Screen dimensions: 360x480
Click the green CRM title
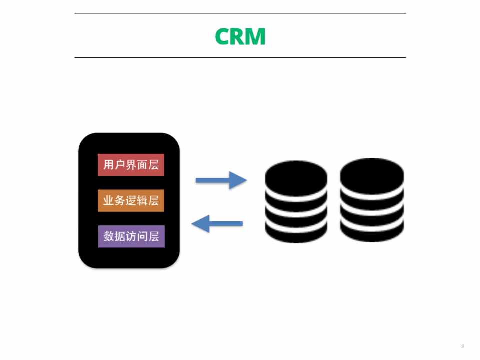(240, 37)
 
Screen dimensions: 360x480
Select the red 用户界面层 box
(131, 165)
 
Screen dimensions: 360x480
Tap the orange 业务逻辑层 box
(131, 201)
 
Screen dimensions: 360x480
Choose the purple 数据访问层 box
(131, 236)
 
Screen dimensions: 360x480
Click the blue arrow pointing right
(221, 180)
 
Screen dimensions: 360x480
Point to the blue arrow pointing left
(217, 223)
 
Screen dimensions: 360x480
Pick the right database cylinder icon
(372, 200)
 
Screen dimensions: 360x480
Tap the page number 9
(462, 346)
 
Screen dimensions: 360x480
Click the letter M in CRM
(256, 37)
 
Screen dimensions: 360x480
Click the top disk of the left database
(296, 175)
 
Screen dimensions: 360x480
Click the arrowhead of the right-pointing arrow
(238, 180)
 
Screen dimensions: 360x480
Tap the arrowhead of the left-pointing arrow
(200, 223)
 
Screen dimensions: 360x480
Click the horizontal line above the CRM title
(240, 13)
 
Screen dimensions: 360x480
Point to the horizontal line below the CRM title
(240, 57)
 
